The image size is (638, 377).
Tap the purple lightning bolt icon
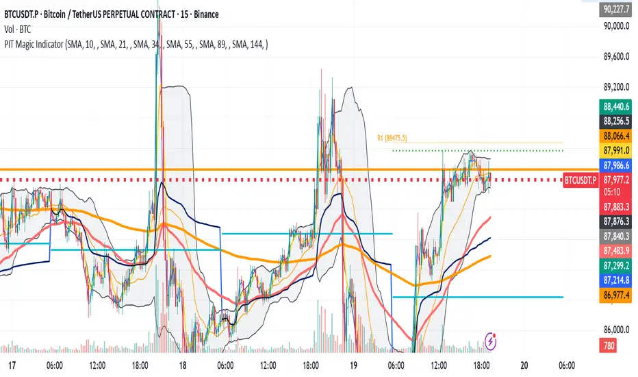tap(491, 339)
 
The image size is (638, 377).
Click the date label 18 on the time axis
tap(182, 365)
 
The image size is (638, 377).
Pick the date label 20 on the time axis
tap(524, 365)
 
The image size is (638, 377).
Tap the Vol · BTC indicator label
tap(19, 28)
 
